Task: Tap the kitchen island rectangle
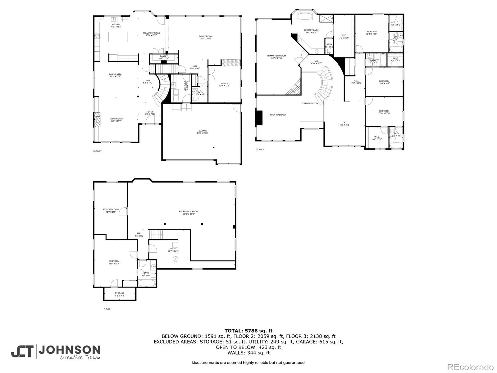[118, 37]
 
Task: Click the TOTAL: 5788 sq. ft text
[248, 331]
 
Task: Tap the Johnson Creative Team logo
[56, 352]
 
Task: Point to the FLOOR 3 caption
[259, 150]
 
